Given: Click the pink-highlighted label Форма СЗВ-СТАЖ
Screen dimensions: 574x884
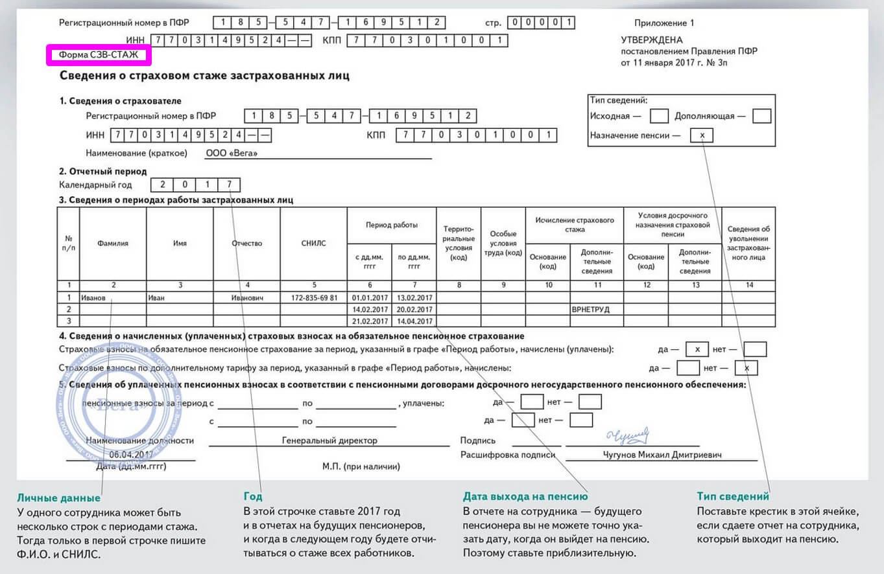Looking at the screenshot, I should point(99,55).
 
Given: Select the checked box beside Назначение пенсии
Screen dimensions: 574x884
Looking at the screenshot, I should point(702,135).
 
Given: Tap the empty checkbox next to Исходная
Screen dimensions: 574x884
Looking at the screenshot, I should point(659,116).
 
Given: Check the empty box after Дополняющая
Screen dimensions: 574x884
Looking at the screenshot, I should point(762,116).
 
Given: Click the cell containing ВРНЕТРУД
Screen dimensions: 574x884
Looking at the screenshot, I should point(591,310).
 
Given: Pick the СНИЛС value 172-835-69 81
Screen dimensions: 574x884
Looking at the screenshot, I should point(315,298).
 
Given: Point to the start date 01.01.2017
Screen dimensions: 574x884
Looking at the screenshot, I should point(369,298).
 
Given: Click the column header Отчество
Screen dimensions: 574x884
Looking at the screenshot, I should point(246,244).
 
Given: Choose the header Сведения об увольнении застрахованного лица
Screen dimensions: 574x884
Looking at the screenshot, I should point(748,243).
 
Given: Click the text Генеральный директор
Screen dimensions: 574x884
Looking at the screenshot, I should point(329,441).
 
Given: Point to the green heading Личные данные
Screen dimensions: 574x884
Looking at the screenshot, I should point(58,498).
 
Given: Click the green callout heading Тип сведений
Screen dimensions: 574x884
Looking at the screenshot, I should point(733,496).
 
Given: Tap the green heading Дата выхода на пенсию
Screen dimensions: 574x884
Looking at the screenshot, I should point(525,497).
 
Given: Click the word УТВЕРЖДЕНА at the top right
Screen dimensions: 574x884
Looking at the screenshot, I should point(652,40).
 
